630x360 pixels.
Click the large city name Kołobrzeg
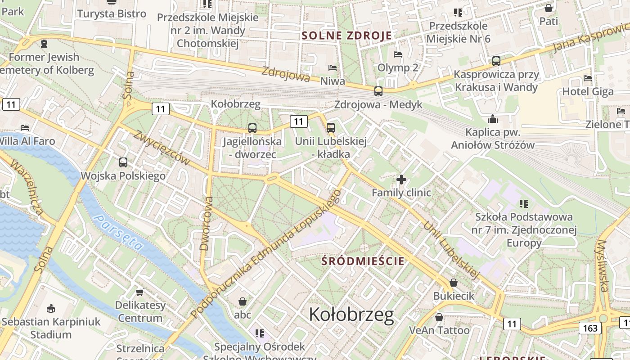351,315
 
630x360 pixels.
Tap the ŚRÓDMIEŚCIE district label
363,261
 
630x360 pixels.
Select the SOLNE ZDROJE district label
346,36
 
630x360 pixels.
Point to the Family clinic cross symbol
401,180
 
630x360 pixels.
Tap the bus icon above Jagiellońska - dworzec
252,128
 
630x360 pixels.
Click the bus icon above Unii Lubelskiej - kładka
331,128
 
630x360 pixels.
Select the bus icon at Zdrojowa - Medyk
378,91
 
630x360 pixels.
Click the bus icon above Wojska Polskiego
123,162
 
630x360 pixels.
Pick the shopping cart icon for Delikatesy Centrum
140,292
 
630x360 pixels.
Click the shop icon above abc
243,301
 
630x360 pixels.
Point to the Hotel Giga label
588,92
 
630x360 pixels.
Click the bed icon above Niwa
333,68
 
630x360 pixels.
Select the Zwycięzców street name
162,148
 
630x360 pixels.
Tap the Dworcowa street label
205,223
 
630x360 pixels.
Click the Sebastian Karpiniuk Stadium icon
51,309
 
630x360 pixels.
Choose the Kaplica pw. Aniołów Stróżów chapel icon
493,119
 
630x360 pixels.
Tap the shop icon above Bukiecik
454,283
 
